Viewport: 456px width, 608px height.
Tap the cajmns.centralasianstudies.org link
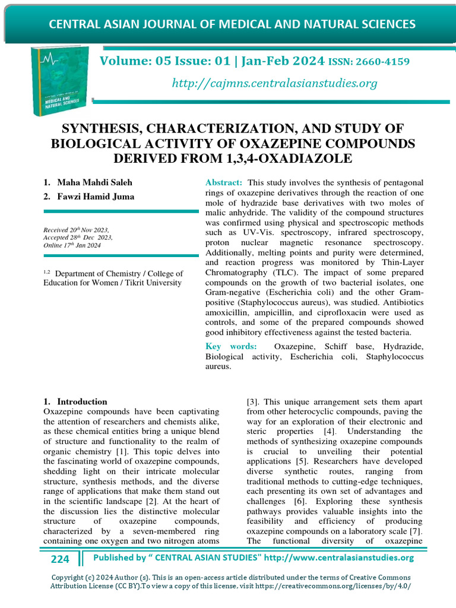point(274,83)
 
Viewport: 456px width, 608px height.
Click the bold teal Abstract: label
point(224,182)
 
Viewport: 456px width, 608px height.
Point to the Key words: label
point(231,346)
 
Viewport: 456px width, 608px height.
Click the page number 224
point(60,559)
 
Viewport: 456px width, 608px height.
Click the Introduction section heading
point(82,401)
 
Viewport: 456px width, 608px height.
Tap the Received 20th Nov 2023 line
point(76,230)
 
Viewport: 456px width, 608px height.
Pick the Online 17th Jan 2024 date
point(72,245)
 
